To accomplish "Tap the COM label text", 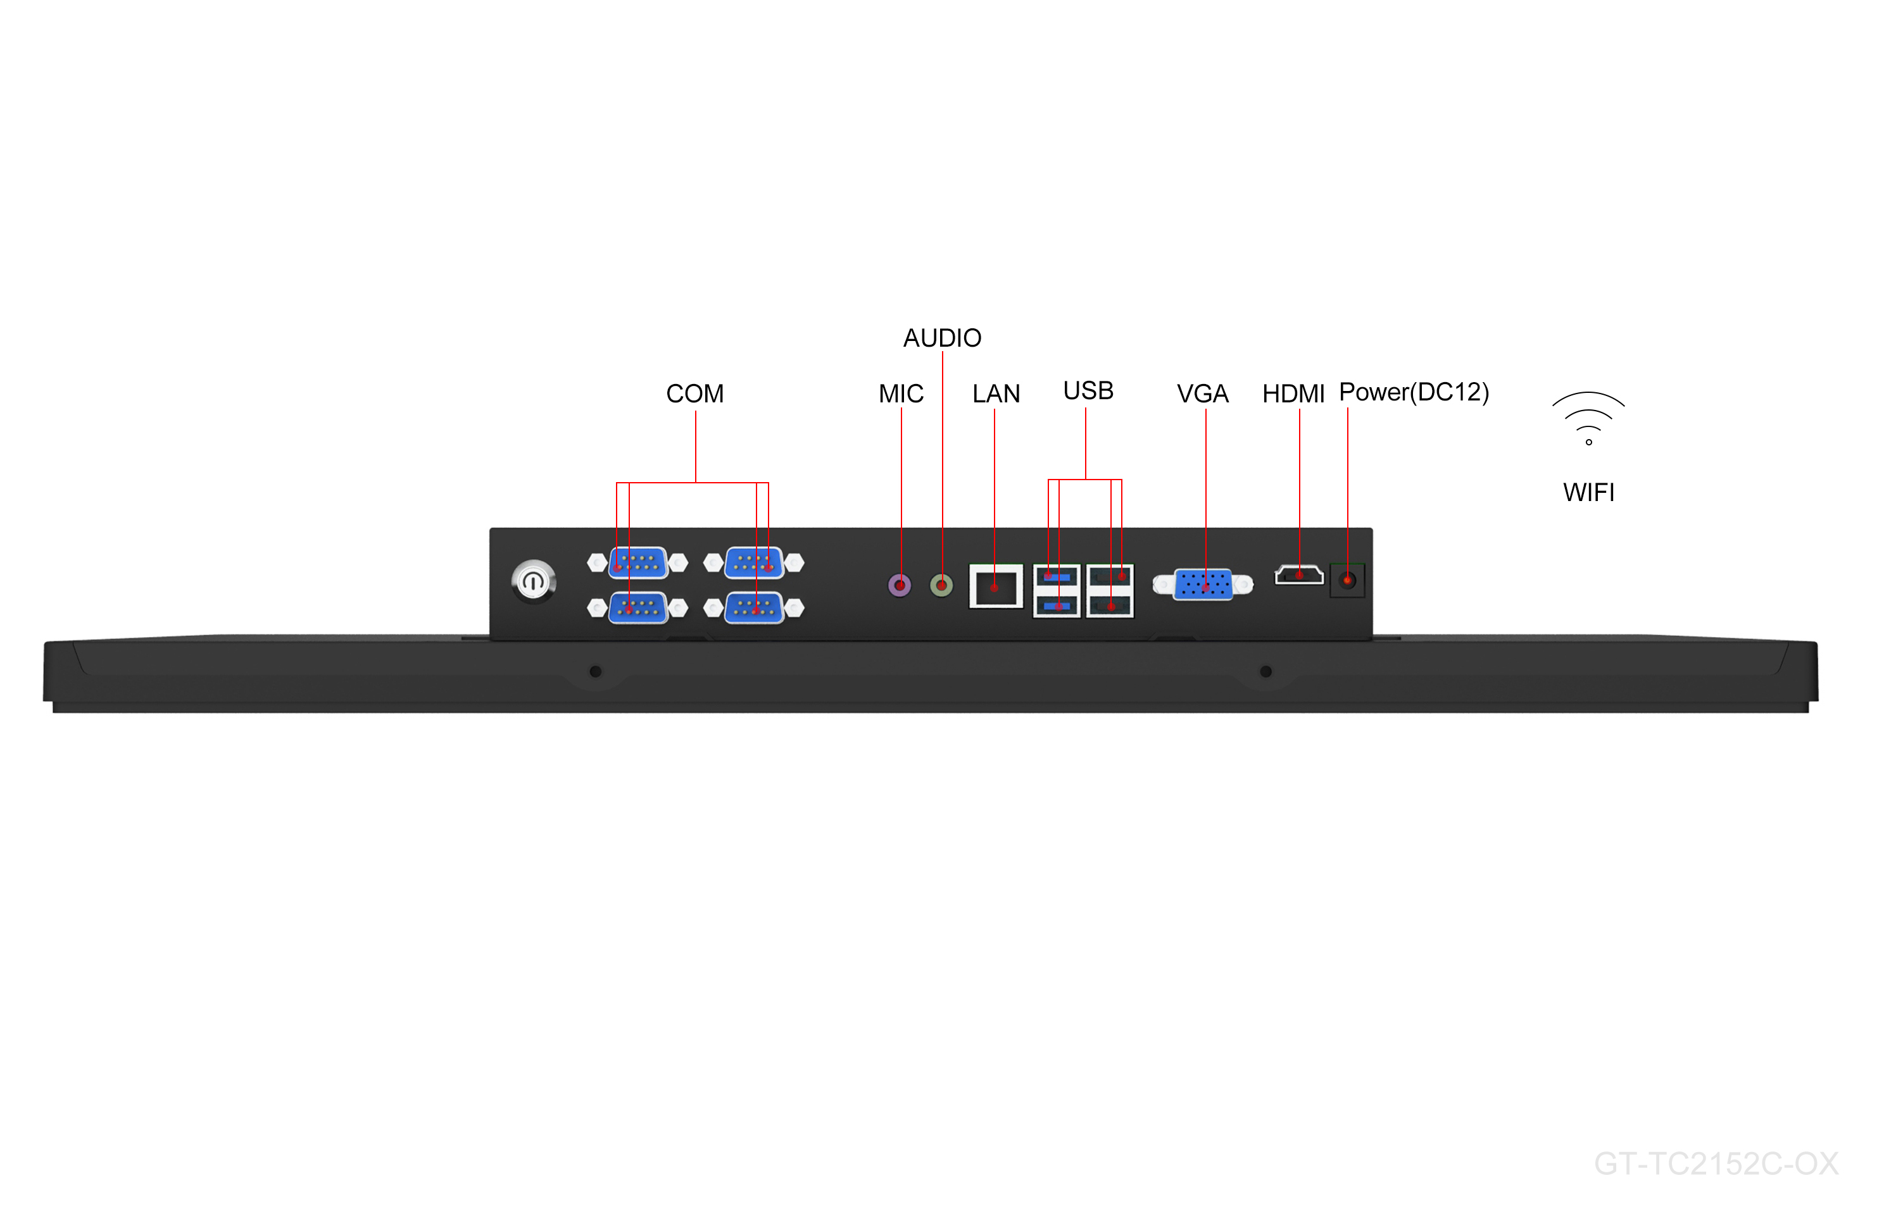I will click(x=694, y=394).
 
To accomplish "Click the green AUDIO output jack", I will click(x=941, y=585).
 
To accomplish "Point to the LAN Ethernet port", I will click(x=995, y=586).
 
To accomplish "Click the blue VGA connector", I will click(x=1202, y=584).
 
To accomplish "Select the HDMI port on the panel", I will click(x=1298, y=576).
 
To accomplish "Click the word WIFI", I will click(x=1588, y=492).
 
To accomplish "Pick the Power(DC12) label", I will click(x=1413, y=392).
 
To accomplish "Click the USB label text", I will click(x=1088, y=390).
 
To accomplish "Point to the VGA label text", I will click(x=1202, y=394).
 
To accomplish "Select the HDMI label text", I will click(x=1293, y=394).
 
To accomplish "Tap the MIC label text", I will click(x=901, y=394).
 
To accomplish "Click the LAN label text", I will click(x=996, y=394).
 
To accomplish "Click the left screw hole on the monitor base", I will click(x=595, y=671).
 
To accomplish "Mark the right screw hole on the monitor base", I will click(x=1265, y=671).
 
